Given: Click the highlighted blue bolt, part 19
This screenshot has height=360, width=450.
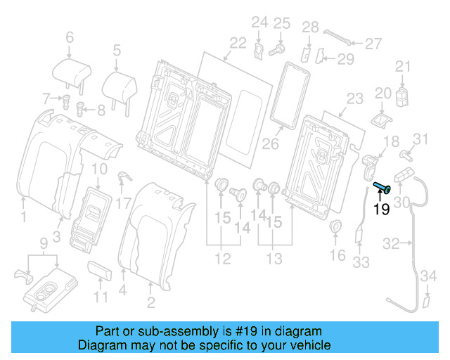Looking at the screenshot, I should [382, 187].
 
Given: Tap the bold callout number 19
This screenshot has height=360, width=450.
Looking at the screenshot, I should [381, 209].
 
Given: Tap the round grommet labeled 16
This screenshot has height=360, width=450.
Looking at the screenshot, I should [336, 227].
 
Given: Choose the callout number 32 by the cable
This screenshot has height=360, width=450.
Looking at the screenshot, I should [391, 244].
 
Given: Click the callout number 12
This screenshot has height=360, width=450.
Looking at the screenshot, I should [223, 259].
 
